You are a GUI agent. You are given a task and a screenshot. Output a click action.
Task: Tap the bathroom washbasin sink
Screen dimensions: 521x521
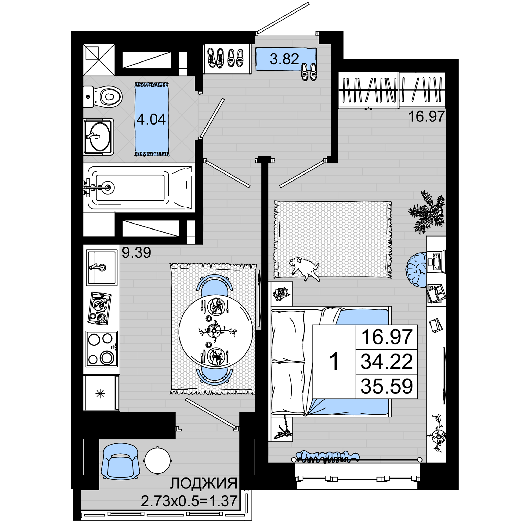[x=98, y=137]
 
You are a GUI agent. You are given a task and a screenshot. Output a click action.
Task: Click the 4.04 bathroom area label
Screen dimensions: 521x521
[x=151, y=119]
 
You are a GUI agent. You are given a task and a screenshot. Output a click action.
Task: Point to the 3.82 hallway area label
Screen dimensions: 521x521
[x=284, y=59]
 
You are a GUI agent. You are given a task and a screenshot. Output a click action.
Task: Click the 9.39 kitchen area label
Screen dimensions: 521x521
[x=137, y=253]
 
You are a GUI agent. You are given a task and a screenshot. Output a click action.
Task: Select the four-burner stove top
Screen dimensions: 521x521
[x=102, y=349]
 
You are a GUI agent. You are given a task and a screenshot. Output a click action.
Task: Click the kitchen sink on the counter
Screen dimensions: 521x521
[x=102, y=267]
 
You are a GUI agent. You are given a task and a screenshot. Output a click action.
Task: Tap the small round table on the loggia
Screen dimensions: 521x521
[x=158, y=460]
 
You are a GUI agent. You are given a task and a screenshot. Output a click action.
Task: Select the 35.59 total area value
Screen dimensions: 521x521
[x=387, y=386]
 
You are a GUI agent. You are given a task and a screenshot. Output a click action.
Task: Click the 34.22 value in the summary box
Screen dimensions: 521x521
[x=387, y=362]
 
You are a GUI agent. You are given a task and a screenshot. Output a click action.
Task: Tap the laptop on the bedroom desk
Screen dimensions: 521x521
[x=436, y=261]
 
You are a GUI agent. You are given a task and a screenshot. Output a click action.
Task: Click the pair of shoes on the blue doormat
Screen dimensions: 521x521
[x=309, y=72]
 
